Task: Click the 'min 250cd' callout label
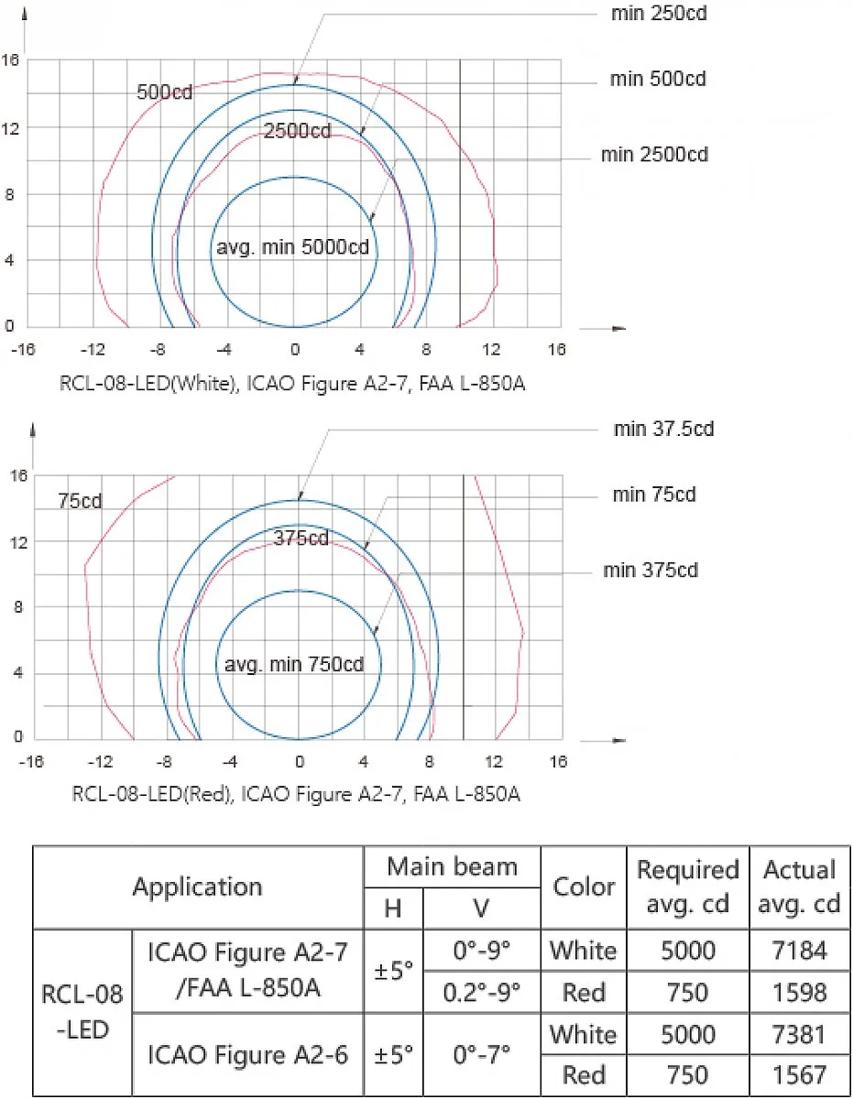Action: [x=659, y=13]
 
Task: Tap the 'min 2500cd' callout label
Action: [x=654, y=155]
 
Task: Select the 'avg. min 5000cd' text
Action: [x=293, y=248]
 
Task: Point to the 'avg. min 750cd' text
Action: [x=294, y=665]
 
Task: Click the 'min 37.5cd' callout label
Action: [x=663, y=429]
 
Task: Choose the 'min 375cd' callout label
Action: [x=651, y=571]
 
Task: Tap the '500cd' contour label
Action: [x=164, y=92]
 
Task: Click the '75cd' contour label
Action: [x=80, y=501]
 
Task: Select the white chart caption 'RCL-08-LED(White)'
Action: [x=148, y=384]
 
